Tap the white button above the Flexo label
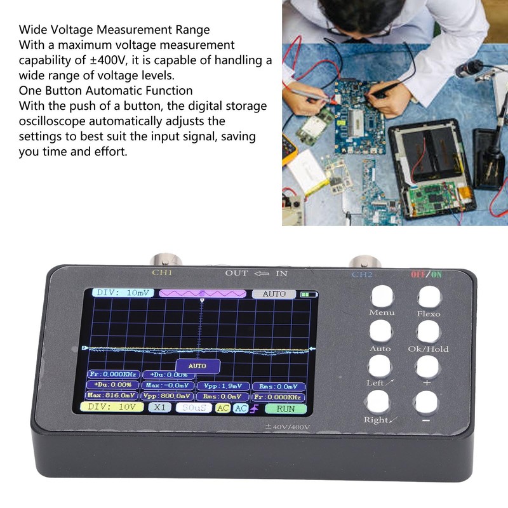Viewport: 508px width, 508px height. (429, 297)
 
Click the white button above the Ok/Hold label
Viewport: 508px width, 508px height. (429, 331)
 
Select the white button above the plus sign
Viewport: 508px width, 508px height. (427, 366)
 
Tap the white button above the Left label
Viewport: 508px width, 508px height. (380, 366)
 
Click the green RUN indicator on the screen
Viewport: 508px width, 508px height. (285, 408)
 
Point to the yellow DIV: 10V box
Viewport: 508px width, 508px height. (112, 406)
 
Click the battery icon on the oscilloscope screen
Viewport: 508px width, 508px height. (309, 295)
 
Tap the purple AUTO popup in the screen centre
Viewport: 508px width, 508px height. (197, 366)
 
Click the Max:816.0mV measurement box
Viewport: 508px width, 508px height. (112, 396)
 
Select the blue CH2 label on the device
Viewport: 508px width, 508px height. (362, 274)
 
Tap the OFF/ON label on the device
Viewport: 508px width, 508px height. (427, 274)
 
